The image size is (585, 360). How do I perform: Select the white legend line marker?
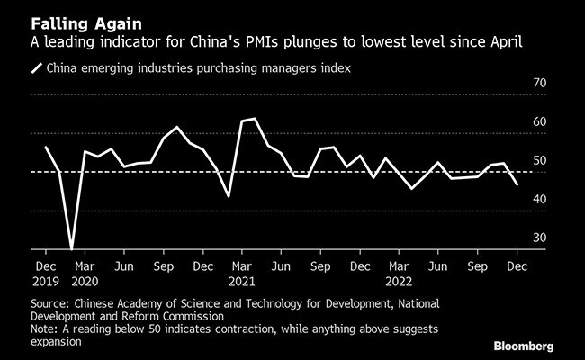click(37, 67)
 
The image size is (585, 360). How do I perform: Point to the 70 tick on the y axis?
click(540, 83)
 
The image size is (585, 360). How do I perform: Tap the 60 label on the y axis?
click(540, 121)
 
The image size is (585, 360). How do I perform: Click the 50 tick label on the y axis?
click(540, 160)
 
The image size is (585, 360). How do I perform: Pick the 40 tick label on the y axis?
click(540, 199)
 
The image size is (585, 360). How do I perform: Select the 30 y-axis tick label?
click(540, 238)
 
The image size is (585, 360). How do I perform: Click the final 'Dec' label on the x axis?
click(517, 266)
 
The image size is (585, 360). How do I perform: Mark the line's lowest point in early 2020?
click(71, 247)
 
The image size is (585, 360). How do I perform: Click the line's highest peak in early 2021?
click(255, 118)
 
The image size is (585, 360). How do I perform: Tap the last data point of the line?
click(517, 184)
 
